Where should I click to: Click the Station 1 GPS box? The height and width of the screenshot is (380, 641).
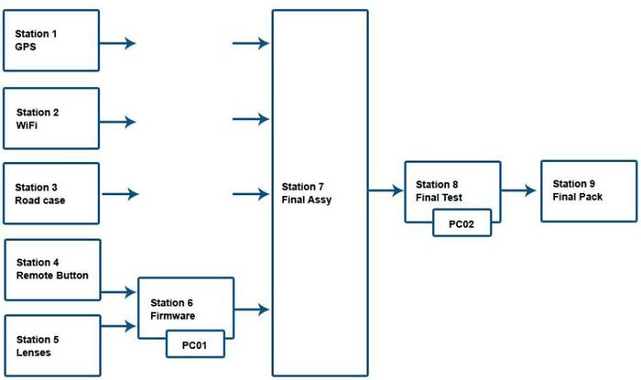[x=51, y=40]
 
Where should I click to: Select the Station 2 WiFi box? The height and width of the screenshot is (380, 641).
[x=51, y=118]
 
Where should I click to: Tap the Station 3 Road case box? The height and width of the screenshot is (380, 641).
[x=51, y=193]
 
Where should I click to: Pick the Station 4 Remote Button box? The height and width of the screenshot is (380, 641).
[x=51, y=269]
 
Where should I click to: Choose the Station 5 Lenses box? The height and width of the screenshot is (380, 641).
[x=51, y=345]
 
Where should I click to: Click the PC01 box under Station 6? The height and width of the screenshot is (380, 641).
[x=195, y=344]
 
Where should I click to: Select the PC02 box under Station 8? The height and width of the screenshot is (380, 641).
[x=462, y=223]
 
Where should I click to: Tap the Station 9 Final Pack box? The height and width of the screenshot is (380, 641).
[x=589, y=190]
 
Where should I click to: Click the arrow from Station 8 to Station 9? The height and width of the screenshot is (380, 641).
[x=519, y=190]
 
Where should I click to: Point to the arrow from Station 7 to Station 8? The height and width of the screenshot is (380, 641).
[x=386, y=190]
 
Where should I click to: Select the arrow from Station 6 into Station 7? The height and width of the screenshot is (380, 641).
[x=252, y=309]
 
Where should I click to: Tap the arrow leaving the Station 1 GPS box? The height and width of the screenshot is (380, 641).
[x=117, y=42]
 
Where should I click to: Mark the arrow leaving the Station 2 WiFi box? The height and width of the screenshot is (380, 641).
[x=117, y=120]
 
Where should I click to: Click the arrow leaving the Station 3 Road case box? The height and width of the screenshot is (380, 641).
[x=119, y=194]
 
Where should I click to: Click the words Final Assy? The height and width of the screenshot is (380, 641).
[x=307, y=200]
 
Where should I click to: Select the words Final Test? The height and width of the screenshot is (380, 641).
[x=439, y=197]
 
